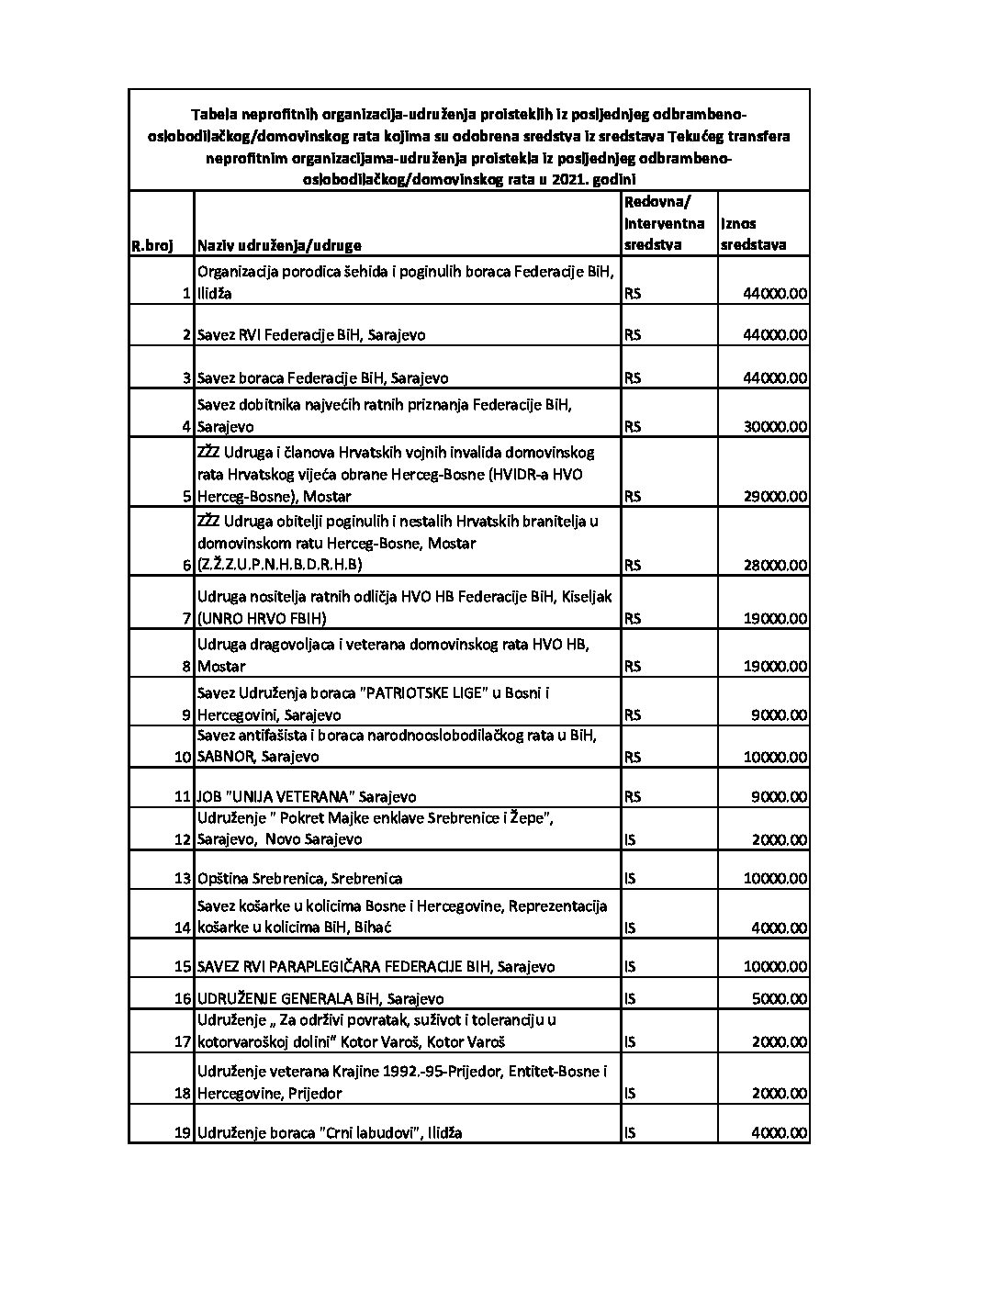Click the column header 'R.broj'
pyautogui.click(x=152, y=246)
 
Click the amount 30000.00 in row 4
pyautogui.click(x=775, y=427)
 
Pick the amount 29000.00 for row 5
pyautogui.click(x=775, y=497)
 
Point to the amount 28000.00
pyautogui.click(x=775, y=566)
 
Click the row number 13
pyautogui.click(x=183, y=879)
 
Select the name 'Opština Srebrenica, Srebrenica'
pyautogui.click(x=299, y=879)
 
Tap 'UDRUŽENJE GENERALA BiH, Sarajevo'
pyautogui.click(x=320, y=998)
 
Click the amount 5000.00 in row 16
pyautogui.click(x=779, y=998)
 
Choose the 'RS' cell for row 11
pyautogui.click(x=633, y=797)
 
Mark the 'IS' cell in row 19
pyautogui.click(x=630, y=1133)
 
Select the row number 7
pyautogui.click(x=187, y=619)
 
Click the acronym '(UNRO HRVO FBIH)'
pyautogui.click(x=262, y=619)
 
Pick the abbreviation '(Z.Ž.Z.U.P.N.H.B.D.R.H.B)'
pyautogui.click(x=279, y=566)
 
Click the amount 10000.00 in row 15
pyautogui.click(x=775, y=967)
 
